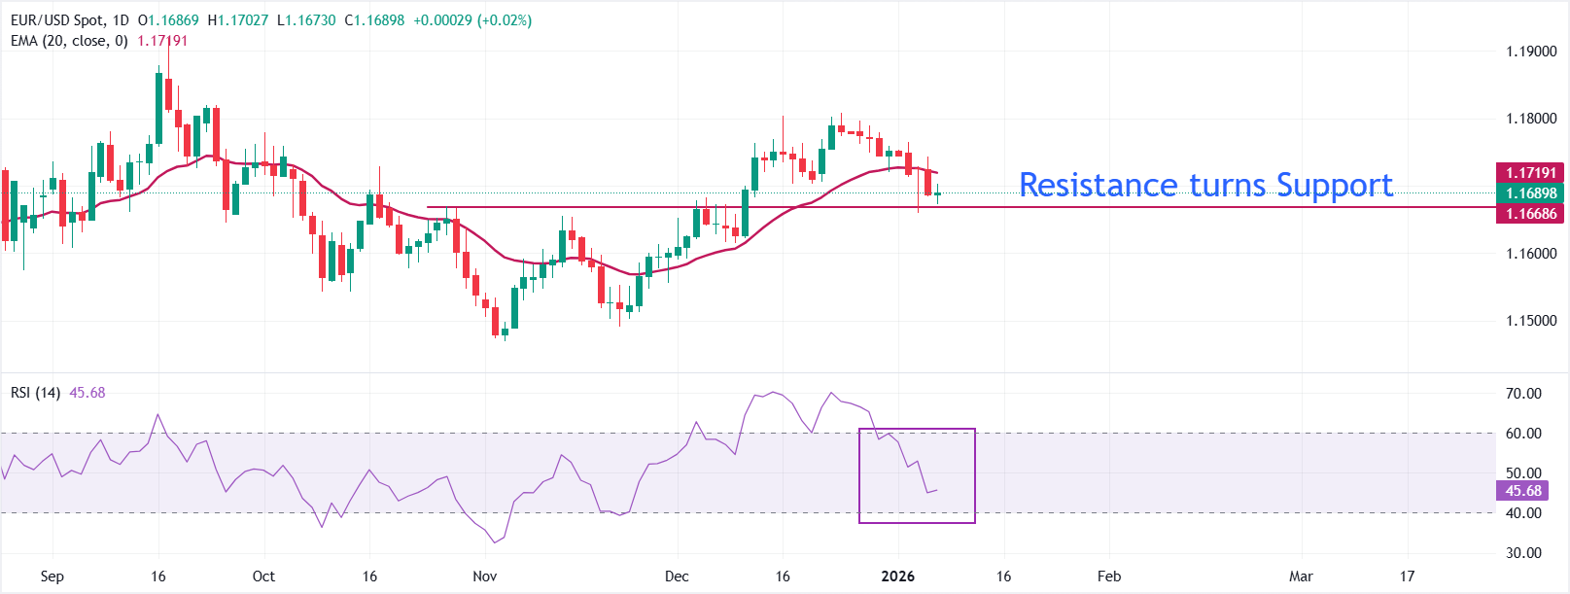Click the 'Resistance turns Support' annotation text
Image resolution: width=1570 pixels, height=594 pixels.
point(1205,185)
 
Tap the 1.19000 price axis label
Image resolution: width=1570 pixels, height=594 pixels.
point(1531,52)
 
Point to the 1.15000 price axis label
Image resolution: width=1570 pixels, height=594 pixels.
point(1531,321)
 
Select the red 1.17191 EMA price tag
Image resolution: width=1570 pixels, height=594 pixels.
point(1530,173)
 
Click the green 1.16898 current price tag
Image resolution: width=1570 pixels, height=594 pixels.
point(1530,193)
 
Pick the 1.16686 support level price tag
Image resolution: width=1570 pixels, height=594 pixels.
point(1530,214)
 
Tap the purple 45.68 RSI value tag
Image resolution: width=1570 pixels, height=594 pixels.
point(1522,491)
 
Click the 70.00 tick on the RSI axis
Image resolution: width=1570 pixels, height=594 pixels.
point(1523,394)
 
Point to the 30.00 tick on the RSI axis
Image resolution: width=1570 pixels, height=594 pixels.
point(1523,553)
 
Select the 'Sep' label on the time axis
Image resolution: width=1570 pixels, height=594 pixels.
point(52,577)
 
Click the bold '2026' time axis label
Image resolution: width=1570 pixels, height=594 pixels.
point(897,577)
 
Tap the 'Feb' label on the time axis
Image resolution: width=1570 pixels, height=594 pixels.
point(1109,577)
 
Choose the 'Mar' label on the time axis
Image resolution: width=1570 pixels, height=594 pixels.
point(1301,577)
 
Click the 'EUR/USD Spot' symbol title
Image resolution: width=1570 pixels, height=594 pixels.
point(56,20)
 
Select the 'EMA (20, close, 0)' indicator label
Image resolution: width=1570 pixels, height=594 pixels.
point(69,41)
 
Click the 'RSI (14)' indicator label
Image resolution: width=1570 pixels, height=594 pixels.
point(35,393)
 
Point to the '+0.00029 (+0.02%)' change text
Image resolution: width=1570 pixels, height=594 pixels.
point(472,20)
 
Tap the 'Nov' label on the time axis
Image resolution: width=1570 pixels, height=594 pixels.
point(484,577)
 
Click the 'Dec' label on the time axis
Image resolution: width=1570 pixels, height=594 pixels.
point(677,577)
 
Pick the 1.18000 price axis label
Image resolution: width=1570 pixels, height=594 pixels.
point(1531,119)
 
